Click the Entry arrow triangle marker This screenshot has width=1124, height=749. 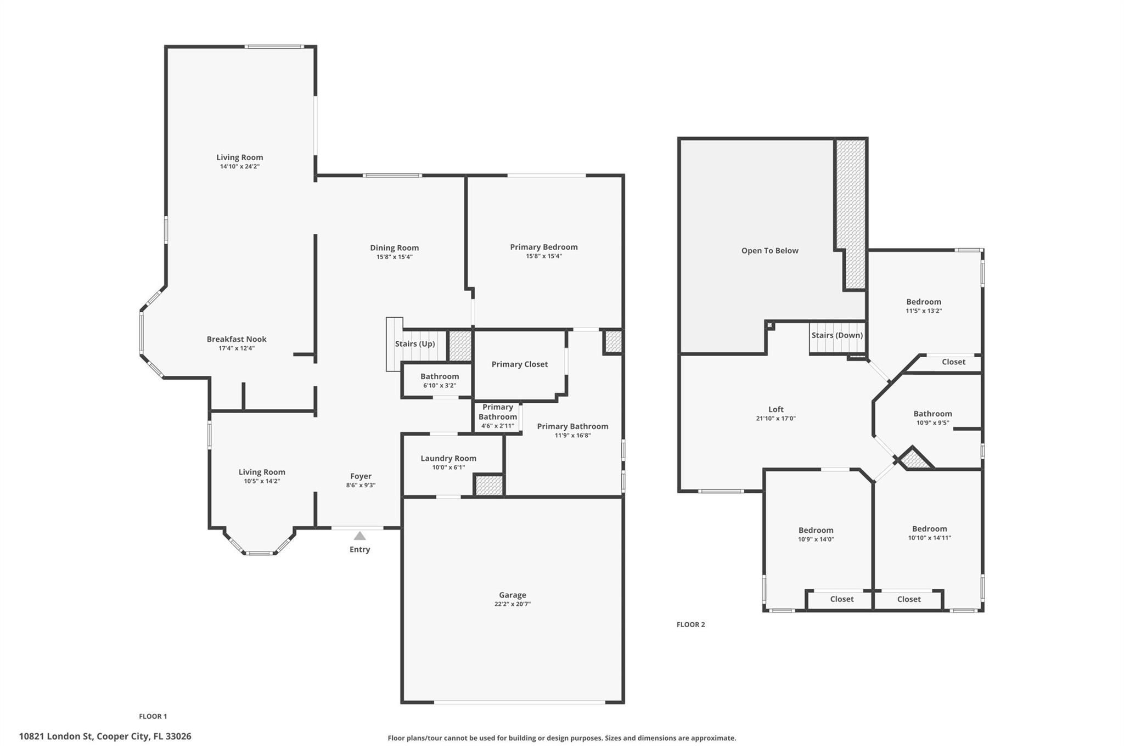[x=359, y=536]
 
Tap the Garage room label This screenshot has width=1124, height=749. [x=513, y=595]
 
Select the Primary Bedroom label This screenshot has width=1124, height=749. [x=544, y=247]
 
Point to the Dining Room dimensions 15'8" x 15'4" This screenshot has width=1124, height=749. [x=395, y=257]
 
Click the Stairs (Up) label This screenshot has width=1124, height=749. [x=415, y=343]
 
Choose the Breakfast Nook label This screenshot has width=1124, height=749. [x=237, y=339]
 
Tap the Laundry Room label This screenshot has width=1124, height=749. [x=448, y=458]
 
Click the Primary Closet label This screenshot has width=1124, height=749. [x=520, y=364]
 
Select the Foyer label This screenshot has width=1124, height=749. [x=361, y=476]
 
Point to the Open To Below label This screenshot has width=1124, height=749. [x=770, y=250]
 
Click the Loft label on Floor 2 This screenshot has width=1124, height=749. [x=776, y=409]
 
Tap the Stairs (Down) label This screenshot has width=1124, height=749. [x=837, y=335]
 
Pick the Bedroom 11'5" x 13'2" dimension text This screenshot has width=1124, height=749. [x=924, y=311]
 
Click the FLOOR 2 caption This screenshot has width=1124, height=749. [x=691, y=624]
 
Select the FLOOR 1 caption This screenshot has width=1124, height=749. [x=153, y=716]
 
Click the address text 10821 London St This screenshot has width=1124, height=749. [x=55, y=736]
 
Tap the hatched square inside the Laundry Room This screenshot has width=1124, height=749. [x=488, y=486]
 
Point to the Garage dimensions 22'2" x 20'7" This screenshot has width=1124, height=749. [x=513, y=604]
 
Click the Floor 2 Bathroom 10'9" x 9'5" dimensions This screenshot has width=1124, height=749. [x=933, y=423]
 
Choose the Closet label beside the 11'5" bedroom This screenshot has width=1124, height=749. [x=953, y=362]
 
